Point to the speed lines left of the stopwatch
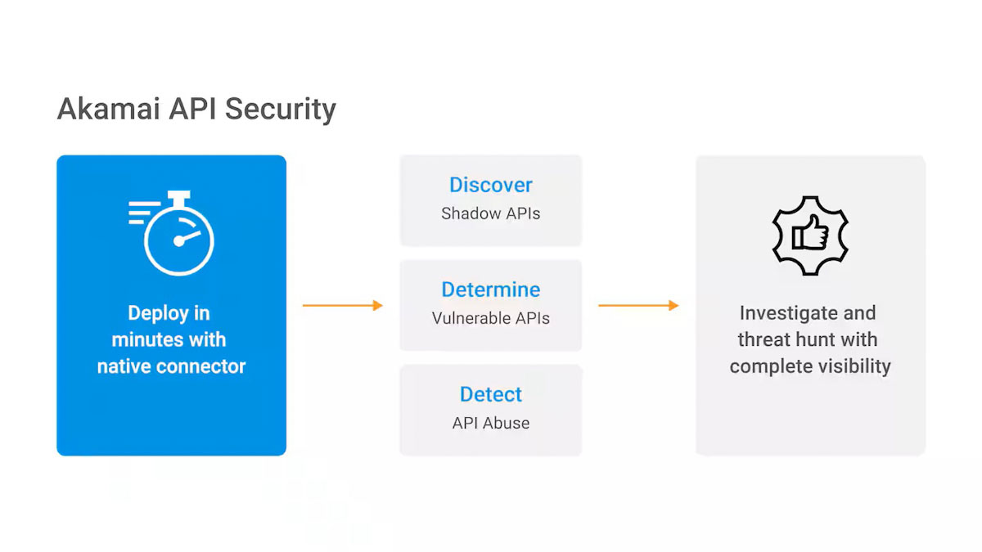tap(141, 213)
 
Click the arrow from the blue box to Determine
tap(342, 305)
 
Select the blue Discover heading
tap(490, 185)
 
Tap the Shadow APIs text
tap(490, 213)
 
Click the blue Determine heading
tap(490, 289)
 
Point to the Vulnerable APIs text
tap(490, 318)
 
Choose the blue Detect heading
tap(490, 394)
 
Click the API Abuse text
tap(490, 423)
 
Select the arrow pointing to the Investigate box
tap(638, 305)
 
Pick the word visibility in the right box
tap(854, 366)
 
